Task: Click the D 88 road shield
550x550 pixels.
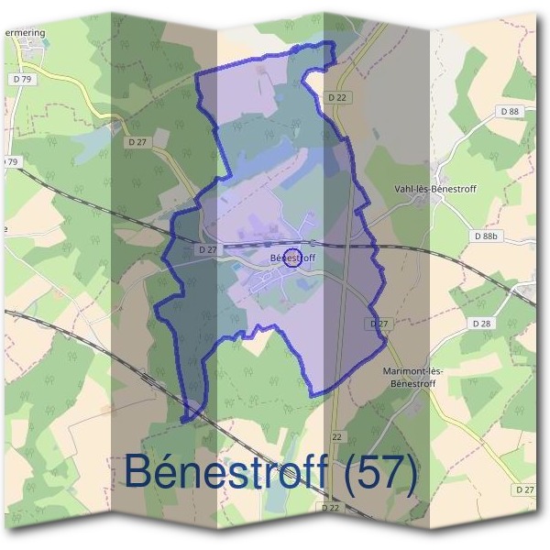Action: click(x=510, y=111)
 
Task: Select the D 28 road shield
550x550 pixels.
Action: click(x=480, y=324)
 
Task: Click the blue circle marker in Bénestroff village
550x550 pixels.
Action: click(x=292, y=258)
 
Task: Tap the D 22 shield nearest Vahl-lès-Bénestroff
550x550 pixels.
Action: click(x=338, y=96)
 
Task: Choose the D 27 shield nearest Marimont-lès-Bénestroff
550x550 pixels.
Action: click(x=379, y=324)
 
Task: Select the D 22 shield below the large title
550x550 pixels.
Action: click(x=331, y=507)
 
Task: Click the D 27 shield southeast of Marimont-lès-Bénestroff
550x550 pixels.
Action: click(x=525, y=490)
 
